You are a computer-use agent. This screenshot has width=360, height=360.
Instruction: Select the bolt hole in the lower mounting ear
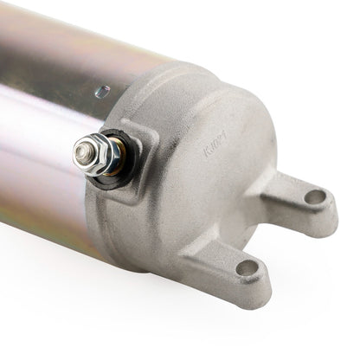(248, 267)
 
